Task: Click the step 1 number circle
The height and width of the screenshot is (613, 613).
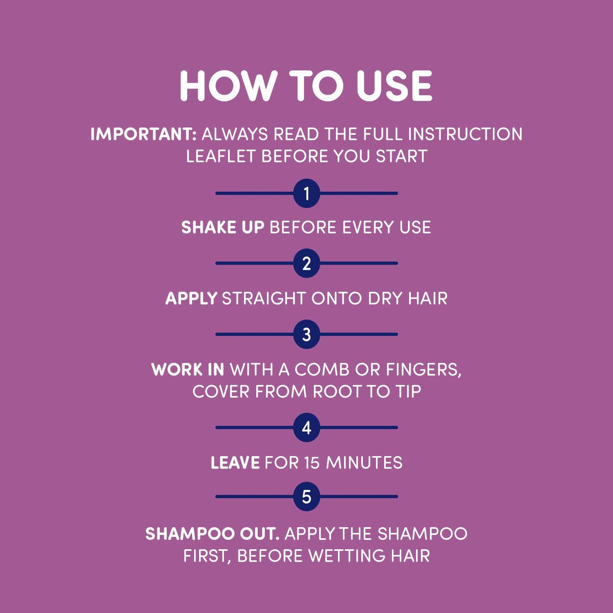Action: [x=306, y=193]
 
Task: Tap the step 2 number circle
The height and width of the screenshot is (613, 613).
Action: [x=306, y=263]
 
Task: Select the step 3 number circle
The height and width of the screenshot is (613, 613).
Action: [x=306, y=334]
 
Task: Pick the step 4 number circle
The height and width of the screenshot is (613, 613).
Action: [x=306, y=427]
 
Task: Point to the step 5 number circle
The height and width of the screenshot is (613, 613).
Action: [x=306, y=496]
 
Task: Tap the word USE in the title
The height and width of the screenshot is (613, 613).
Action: [x=394, y=86]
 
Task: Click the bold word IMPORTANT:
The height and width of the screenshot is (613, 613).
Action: [x=144, y=134]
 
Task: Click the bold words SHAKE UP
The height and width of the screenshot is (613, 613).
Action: [x=223, y=227]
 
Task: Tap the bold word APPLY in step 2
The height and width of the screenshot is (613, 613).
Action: [x=191, y=298]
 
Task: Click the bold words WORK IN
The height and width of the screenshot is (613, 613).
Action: [x=188, y=370]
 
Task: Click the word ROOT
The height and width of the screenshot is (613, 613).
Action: [x=337, y=391]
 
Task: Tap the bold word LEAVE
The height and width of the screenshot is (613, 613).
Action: [x=235, y=462]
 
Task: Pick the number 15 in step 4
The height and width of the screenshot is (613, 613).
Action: [x=312, y=462]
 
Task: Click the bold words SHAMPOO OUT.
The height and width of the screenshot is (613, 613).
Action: [x=212, y=533]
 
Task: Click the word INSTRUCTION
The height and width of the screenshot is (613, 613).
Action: [x=465, y=134]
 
